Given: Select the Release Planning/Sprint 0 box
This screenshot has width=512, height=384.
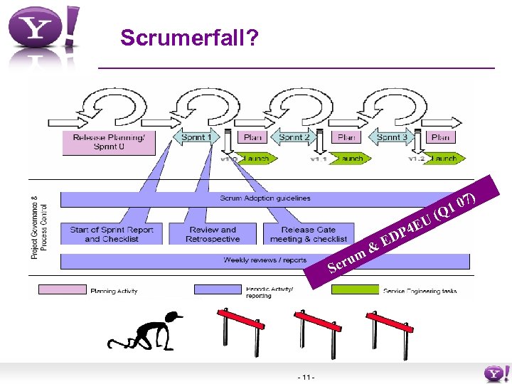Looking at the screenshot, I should click(108, 142).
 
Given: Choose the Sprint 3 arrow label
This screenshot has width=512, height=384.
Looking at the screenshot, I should click(390, 137).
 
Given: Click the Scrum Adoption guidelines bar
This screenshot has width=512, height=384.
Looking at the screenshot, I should click(265, 198).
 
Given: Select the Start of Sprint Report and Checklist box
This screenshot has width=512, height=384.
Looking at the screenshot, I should click(112, 234).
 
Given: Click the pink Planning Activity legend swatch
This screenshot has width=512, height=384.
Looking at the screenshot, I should click(62, 290).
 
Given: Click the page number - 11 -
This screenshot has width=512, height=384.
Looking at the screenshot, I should click(308, 376).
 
